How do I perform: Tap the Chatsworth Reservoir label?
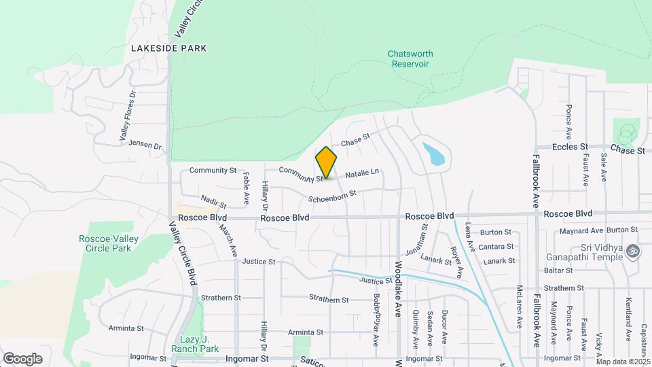tap(410, 58)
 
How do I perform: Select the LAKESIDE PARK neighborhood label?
tap(168, 48)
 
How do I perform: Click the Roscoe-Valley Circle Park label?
tap(105, 243)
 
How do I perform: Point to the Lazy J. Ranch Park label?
tap(200, 344)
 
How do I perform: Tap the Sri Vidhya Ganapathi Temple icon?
tap(634, 251)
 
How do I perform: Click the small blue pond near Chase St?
tap(433, 154)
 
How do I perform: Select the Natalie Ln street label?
tap(362, 175)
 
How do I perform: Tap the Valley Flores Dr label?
tap(128, 116)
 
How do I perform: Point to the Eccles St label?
tap(569, 147)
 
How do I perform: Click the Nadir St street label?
tap(214, 201)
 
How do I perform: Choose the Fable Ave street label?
tap(246, 183)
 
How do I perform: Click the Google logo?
tap(22, 358)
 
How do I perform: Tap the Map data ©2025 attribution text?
tap(623, 362)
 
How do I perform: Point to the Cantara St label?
tap(496, 247)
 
